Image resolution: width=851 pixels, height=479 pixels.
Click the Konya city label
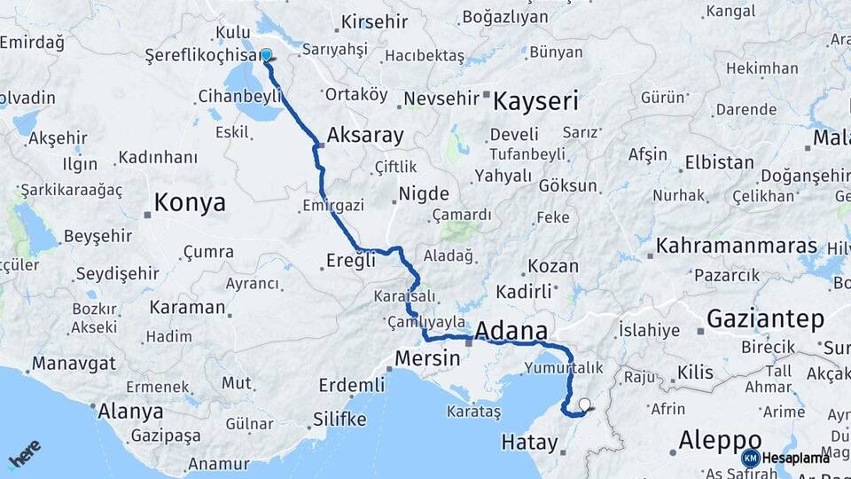coord(190,203)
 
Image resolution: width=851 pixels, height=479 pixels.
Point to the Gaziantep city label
coord(767,319)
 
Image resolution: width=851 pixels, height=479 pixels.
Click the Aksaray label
coord(365,136)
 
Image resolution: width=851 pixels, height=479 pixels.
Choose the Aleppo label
coord(720,440)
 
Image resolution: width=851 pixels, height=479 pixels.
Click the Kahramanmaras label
coord(724,246)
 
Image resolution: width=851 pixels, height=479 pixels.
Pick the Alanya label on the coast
coord(130,412)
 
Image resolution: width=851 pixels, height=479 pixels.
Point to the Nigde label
coord(424,193)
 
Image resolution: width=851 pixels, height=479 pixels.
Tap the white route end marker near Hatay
coord(584,405)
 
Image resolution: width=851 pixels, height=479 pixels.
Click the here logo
coord(25,454)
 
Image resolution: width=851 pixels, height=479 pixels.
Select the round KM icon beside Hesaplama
coord(750,458)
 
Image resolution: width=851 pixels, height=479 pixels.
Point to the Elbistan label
coord(719,163)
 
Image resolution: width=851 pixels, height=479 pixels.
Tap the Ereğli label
coord(352,262)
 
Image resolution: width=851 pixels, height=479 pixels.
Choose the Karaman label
coord(187,308)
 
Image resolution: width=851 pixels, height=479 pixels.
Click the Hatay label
coord(528,442)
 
